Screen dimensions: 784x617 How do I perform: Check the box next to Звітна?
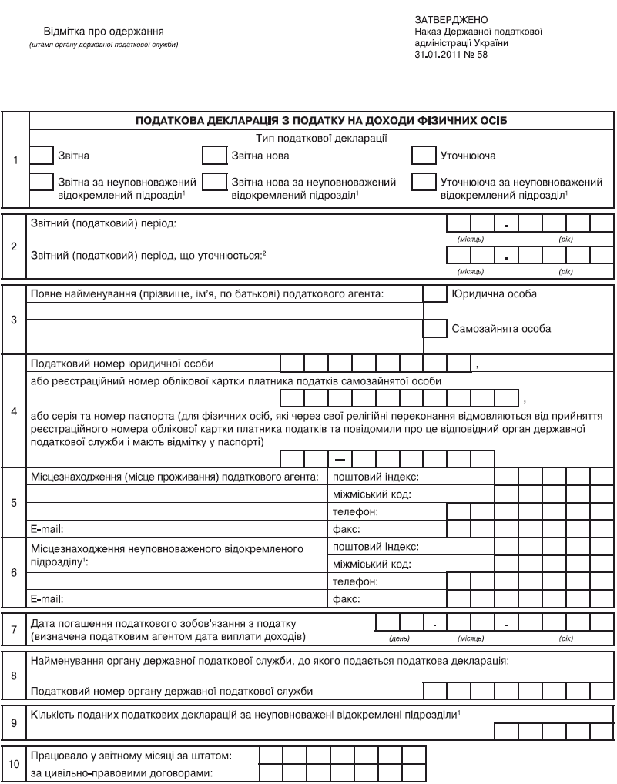[x=42, y=156]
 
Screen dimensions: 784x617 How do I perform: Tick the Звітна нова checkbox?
[x=213, y=156]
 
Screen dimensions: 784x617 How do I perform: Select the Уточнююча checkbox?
[x=424, y=156]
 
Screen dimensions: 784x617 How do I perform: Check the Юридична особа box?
[x=435, y=294]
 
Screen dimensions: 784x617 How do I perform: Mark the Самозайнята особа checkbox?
[x=435, y=329]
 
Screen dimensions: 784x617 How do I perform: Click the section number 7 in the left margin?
[x=15, y=629]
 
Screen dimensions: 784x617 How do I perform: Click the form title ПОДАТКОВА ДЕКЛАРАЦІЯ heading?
[x=321, y=121]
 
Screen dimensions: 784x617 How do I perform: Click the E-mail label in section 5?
[x=46, y=529]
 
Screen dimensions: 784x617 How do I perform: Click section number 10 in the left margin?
[x=15, y=764]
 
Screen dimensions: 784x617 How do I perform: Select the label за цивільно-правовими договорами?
[x=120, y=772]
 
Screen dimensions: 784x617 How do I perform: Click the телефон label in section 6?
[x=355, y=581]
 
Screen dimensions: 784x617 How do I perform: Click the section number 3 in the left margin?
[x=15, y=318]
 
